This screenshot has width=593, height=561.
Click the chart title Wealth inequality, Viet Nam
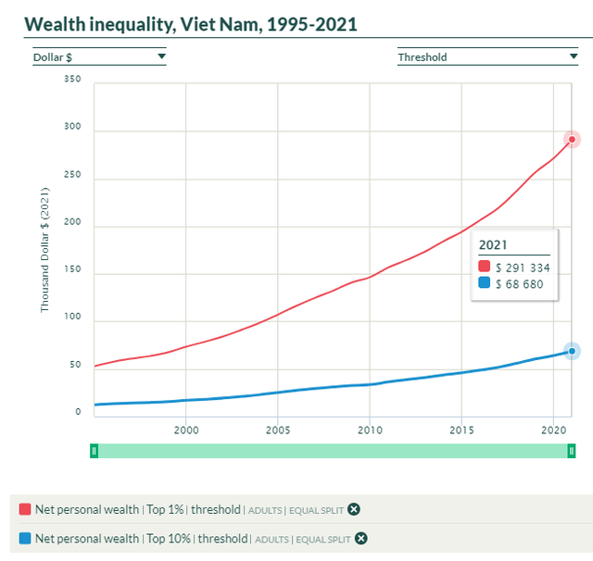[190, 24]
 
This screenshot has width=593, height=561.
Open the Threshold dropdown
[487, 56]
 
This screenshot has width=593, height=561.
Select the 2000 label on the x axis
[186, 430]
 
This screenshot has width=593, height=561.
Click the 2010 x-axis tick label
[370, 430]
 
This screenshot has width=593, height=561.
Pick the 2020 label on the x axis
[553, 430]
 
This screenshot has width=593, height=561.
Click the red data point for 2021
[573, 140]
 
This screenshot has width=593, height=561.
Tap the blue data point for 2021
[573, 351]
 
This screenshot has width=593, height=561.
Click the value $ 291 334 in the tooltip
[523, 268]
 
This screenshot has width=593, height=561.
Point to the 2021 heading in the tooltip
[494, 245]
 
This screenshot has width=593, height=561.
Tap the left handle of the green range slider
[94, 451]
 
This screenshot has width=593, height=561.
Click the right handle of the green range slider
[572, 451]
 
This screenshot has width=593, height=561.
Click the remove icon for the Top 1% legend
[354, 508]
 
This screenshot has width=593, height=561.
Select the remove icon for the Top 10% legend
[361, 538]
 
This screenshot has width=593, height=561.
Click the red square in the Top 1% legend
[25, 508]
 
